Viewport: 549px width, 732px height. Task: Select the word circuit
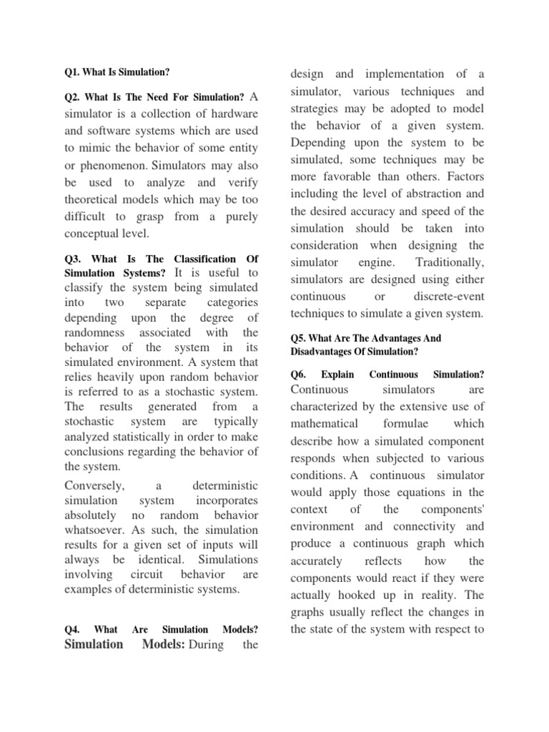pyautogui.click(x=150, y=575)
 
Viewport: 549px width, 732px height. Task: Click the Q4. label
pyautogui.click(x=72, y=630)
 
